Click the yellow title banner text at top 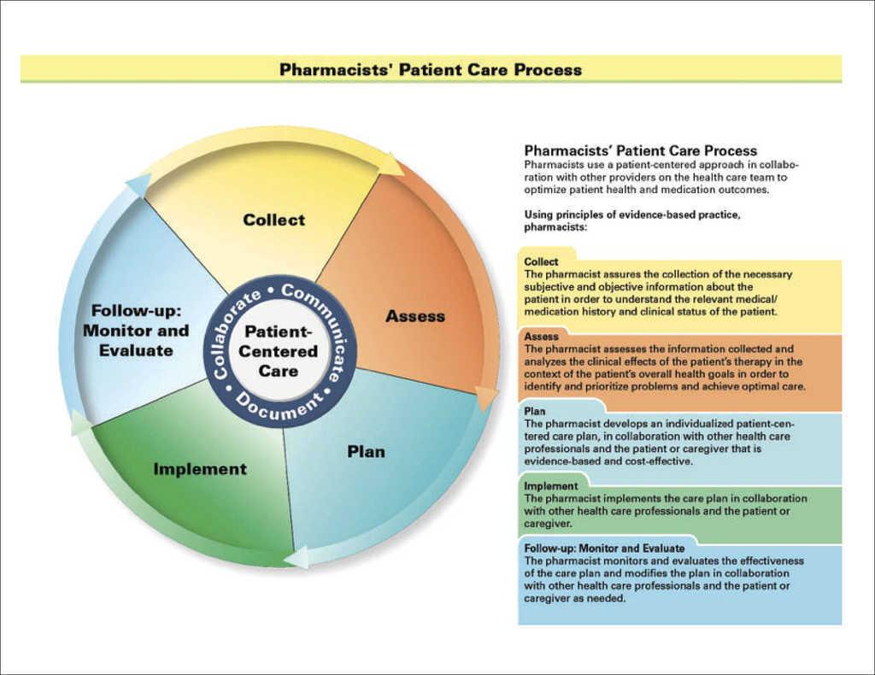[431, 69]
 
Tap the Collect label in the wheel [273, 220]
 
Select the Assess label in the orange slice [415, 316]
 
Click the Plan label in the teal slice [366, 451]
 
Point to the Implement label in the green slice [200, 469]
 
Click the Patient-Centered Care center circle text [279, 351]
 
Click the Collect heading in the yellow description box [542, 261]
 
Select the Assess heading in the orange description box [542, 337]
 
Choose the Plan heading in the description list [535, 412]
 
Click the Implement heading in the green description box [551, 486]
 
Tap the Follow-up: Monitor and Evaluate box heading [604, 548]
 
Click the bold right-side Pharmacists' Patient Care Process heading [640, 150]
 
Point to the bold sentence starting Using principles [632, 220]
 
